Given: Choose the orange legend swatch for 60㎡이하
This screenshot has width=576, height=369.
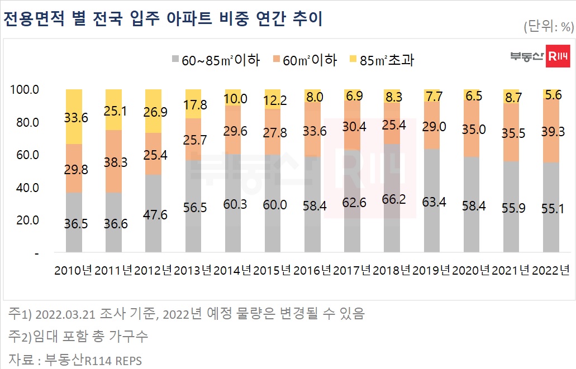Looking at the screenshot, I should (x=276, y=60).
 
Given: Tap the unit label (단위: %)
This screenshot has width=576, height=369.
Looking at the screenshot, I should (x=549, y=26).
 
